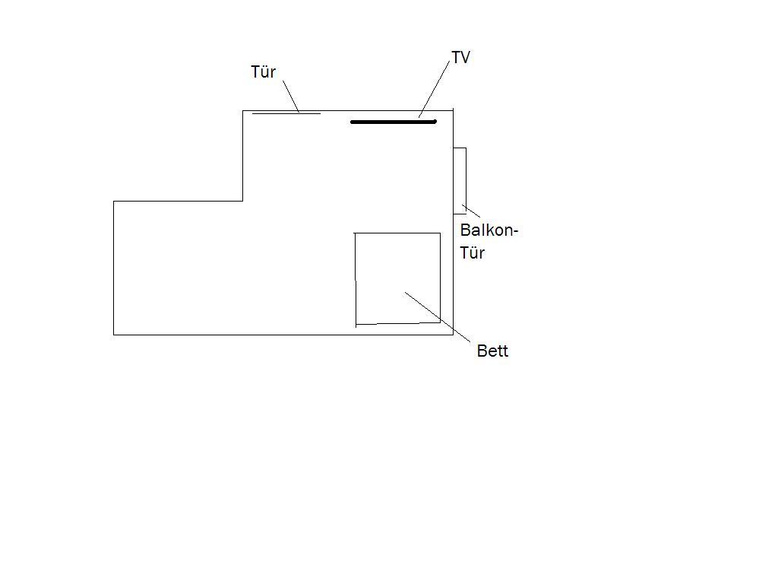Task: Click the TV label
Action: point(460,57)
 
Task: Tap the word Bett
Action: point(492,351)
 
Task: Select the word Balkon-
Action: point(489,230)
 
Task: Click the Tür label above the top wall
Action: point(263,72)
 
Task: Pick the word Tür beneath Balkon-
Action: point(472,252)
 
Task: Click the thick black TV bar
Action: point(394,122)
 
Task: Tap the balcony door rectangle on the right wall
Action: point(466,181)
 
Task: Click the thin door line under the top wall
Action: point(286,114)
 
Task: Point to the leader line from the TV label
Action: point(435,87)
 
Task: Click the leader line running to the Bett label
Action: point(438,317)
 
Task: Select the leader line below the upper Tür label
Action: point(291,97)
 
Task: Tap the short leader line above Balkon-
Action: point(471,211)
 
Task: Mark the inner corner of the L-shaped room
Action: point(242,201)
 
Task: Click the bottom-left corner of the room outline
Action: point(114,335)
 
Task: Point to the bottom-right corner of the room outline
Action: point(453,335)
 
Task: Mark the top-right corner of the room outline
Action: point(453,111)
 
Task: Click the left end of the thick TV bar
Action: point(352,122)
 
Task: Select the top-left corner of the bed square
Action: point(355,233)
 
